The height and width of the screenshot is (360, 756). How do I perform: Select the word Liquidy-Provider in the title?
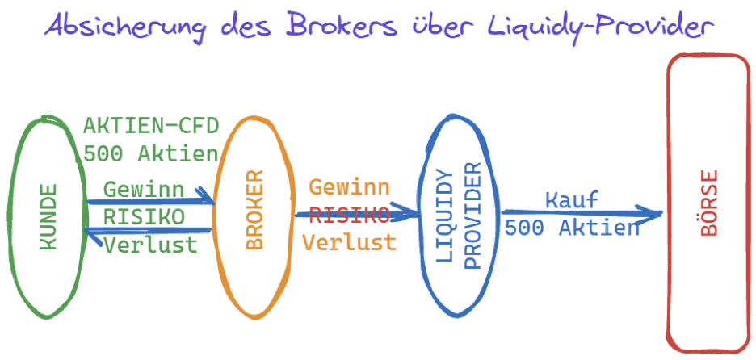click(602, 27)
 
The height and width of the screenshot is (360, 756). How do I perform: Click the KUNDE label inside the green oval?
click(48, 216)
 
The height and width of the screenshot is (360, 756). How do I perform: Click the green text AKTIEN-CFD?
click(152, 127)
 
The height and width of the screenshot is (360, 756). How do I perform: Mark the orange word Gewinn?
click(350, 187)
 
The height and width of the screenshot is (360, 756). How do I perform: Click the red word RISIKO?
click(350, 214)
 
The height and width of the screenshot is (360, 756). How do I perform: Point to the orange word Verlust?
click(350, 241)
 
